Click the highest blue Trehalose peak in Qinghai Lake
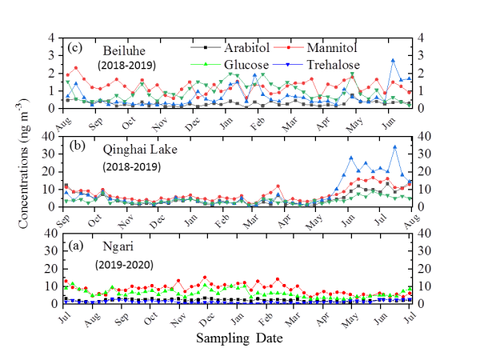click(394, 146)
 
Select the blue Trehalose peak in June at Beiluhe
click(393, 60)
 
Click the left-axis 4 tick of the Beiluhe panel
click(53, 38)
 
